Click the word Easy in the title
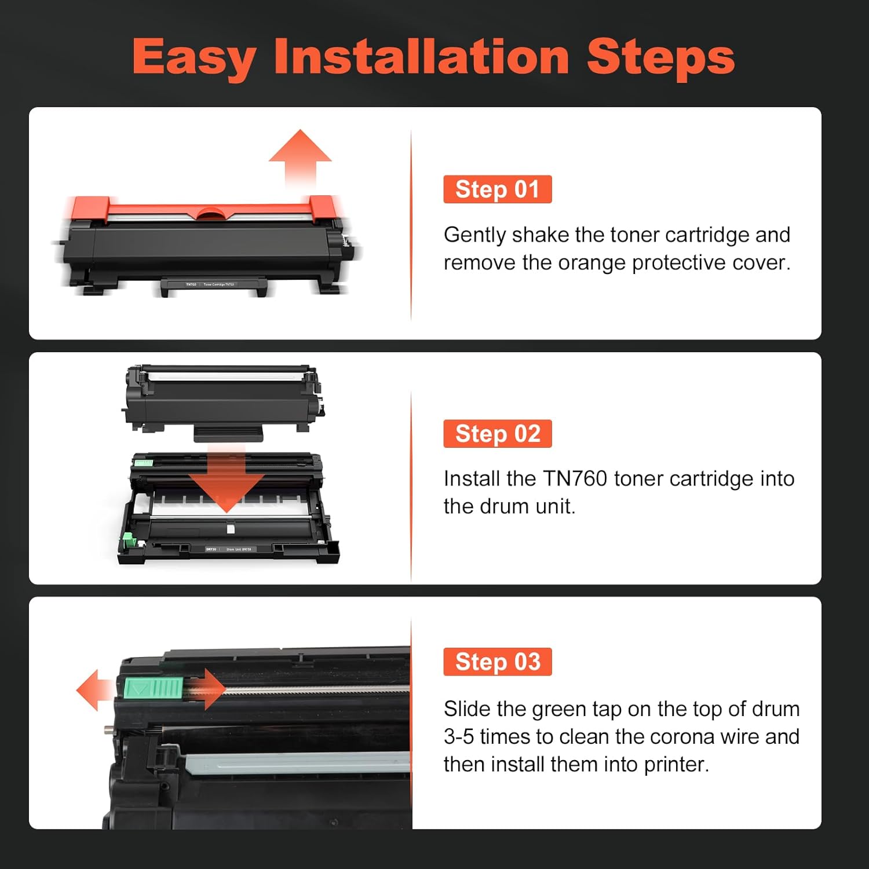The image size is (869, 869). tap(194, 58)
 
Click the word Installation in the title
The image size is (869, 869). tap(422, 57)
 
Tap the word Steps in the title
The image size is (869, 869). tap(660, 58)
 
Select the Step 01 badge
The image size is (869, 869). tap(497, 189)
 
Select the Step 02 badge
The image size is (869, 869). tap(497, 434)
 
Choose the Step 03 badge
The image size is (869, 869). tap(497, 662)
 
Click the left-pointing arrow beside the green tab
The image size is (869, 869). tap(93, 690)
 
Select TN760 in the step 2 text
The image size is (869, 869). tap(575, 479)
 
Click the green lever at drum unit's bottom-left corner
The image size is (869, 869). tap(129, 542)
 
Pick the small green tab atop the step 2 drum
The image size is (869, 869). tap(143, 463)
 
